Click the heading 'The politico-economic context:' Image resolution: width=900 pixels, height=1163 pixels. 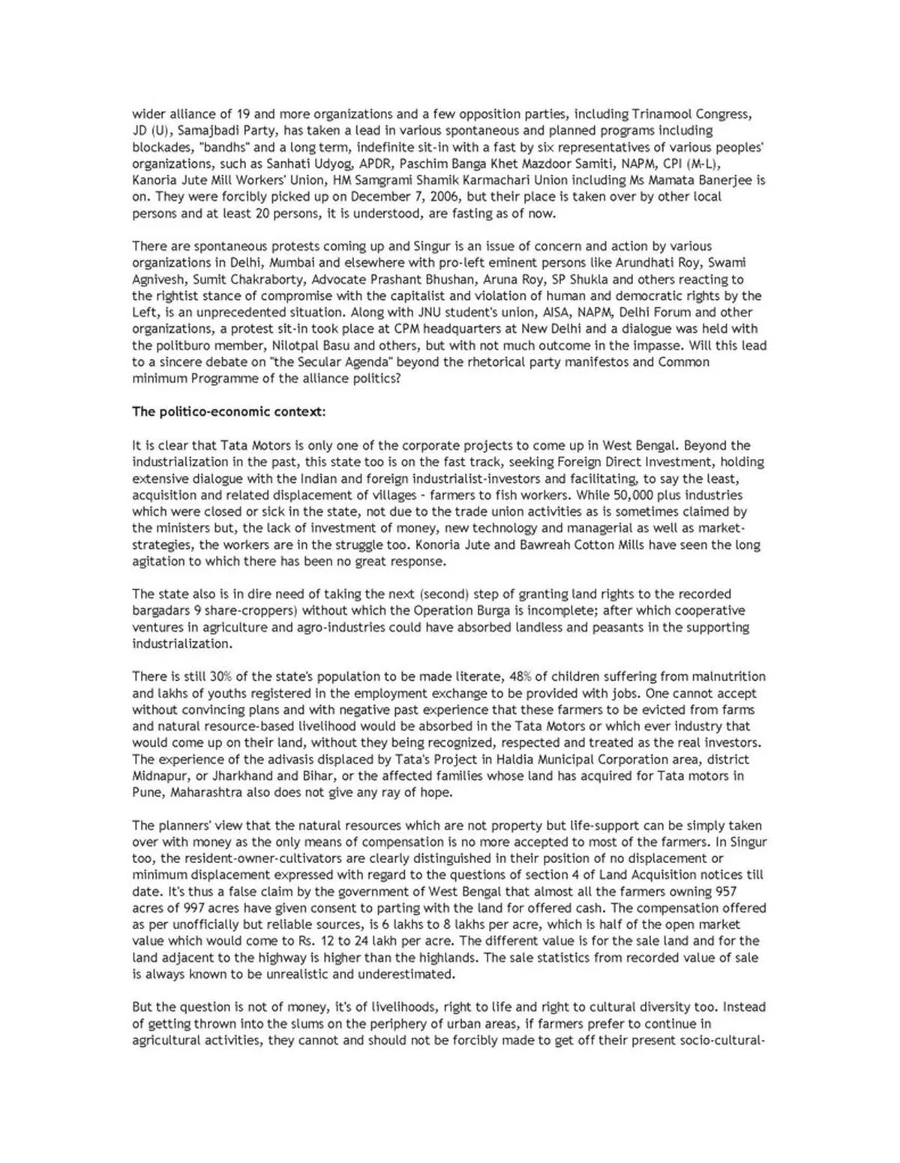pyautogui.click(x=229, y=412)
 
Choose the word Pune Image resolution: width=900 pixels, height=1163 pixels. pyautogui.click(x=146, y=792)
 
